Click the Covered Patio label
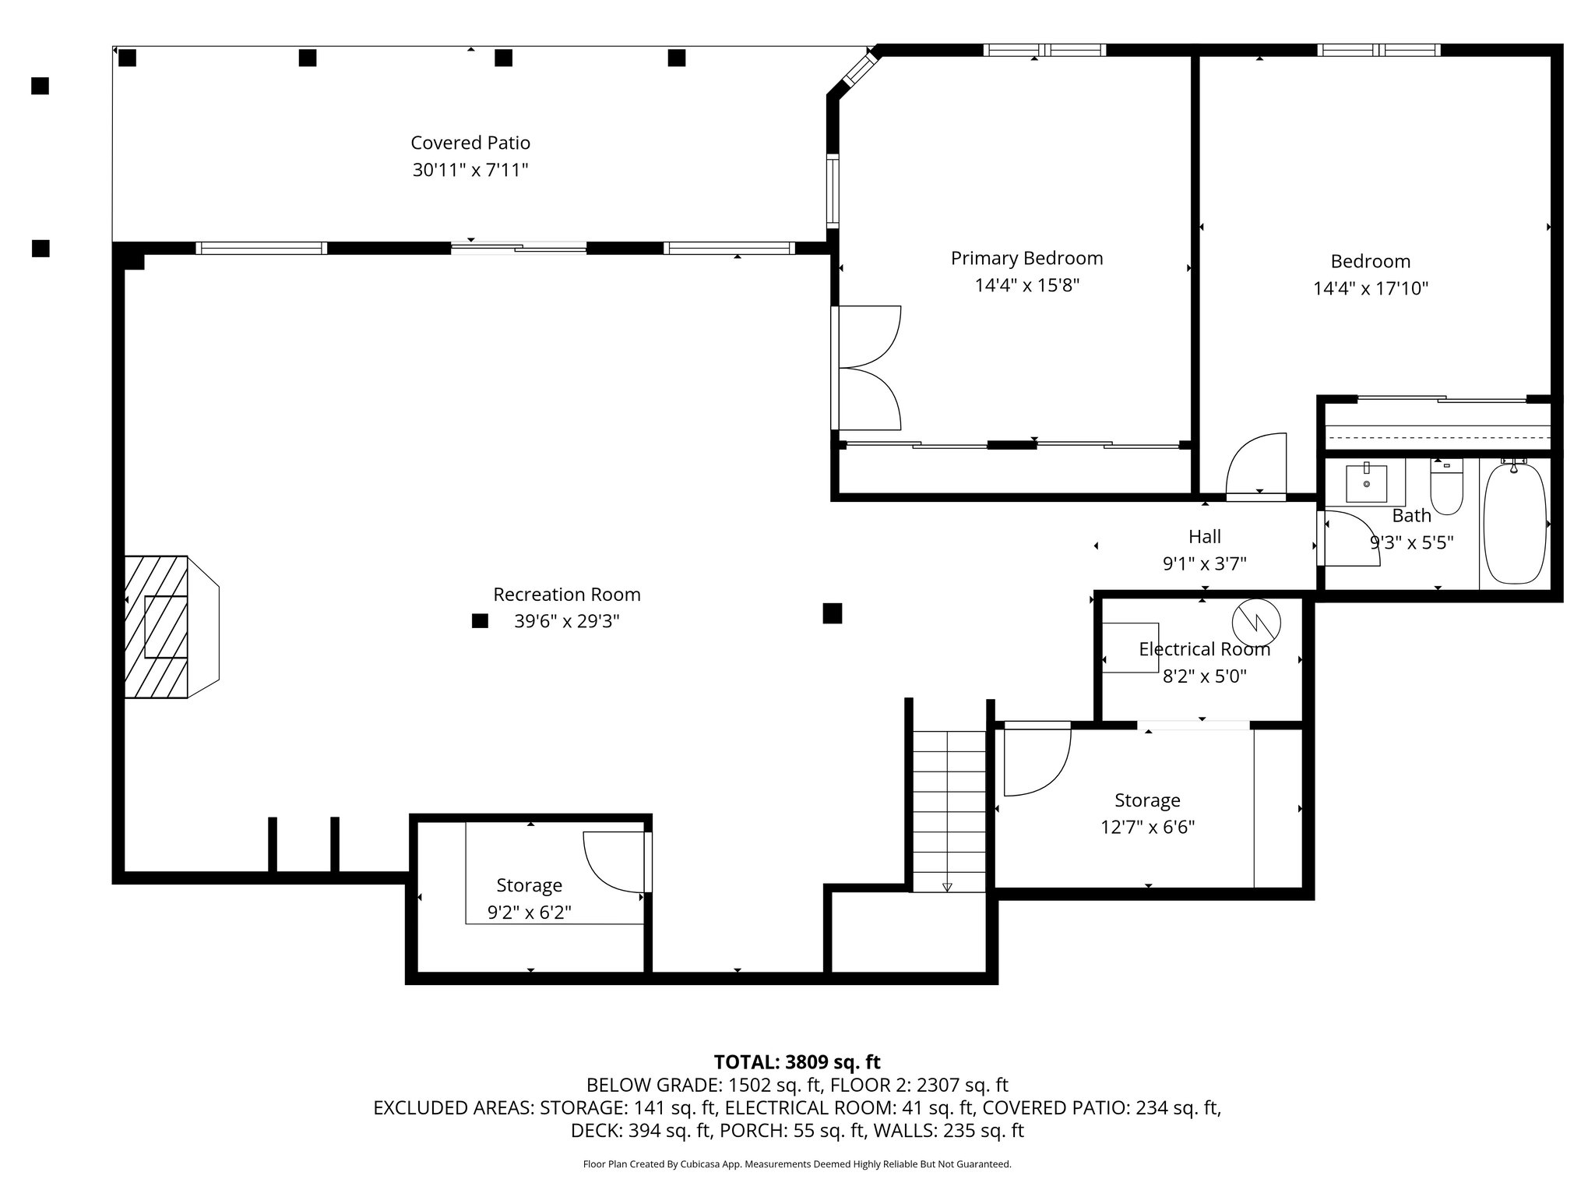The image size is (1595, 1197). coord(470,143)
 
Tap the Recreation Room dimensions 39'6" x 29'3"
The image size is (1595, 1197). coord(567,621)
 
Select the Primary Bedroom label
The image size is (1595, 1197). coord(1026,258)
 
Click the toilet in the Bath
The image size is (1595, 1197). coord(1446,486)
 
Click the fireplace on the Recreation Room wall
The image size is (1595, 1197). coord(171,627)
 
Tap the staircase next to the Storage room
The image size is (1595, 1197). coord(949,810)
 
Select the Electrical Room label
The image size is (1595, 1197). coord(1204,649)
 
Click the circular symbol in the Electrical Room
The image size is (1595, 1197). coord(1255,621)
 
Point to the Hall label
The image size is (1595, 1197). coord(1204,536)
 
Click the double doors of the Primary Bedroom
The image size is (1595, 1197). coord(866,368)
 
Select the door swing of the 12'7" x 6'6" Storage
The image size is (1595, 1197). coord(1037,759)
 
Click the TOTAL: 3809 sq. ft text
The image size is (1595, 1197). coord(797,1061)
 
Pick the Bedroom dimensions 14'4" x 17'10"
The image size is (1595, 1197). coord(1371,289)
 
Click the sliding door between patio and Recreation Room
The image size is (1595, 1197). coord(519,248)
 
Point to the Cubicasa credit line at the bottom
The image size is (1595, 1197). coord(797,1164)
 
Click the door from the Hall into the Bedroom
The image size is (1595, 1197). coord(1255,466)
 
